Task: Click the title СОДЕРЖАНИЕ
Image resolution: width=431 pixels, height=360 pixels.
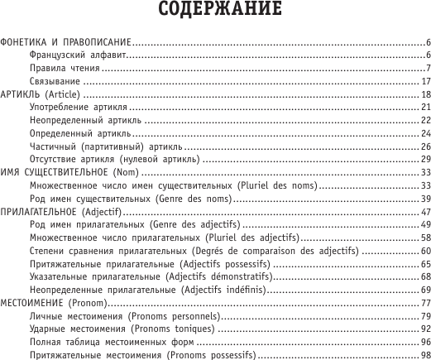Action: pyautogui.click(x=216, y=11)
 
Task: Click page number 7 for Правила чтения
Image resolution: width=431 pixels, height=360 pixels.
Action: pyautogui.click(x=427, y=68)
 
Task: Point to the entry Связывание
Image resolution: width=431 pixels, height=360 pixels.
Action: pyautogui.click(x=55, y=81)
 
